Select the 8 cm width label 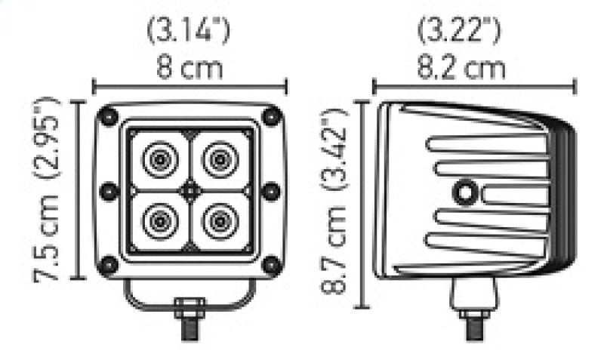click(189, 69)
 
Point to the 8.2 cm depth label click(462, 69)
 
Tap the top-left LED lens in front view click(160, 159)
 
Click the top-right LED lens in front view click(220, 159)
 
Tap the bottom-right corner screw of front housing click(271, 264)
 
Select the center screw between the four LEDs click(190, 190)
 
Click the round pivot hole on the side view click(463, 193)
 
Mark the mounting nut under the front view click(190, 307)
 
